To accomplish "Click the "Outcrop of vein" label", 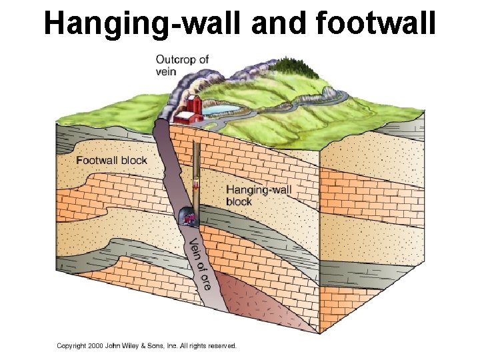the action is pos(182,65).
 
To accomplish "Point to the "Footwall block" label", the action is pos(111,160).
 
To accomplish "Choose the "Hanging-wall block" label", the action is pos(259,195).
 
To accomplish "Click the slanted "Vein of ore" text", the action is pos(199,263).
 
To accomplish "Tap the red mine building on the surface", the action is pos(191,109).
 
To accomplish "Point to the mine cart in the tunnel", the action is pos(189,217).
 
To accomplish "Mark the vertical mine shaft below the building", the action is pos(196,160).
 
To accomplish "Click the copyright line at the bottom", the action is pos(146,345).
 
